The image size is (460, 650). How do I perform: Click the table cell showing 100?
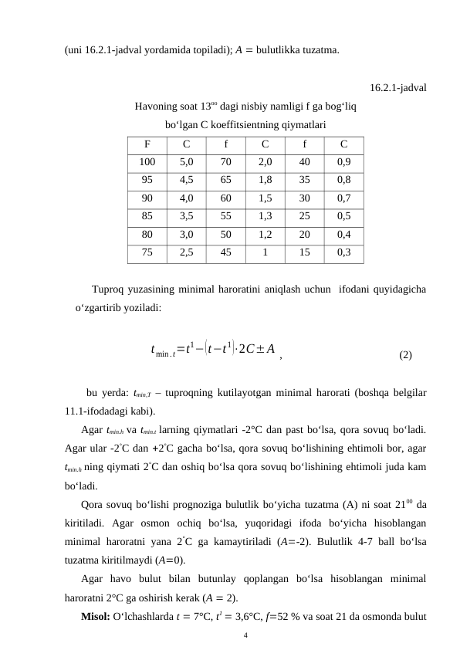point(147,162)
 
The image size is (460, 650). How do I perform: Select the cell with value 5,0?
point(187,162)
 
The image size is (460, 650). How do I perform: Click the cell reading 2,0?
point(265,162)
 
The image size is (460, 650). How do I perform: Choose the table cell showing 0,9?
point(343,162)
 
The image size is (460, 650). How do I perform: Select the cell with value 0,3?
point(343,251)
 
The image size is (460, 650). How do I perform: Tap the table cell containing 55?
point(225,215)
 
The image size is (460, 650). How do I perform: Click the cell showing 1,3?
point(265,215)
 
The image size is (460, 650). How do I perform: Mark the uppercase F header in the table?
point(147,144)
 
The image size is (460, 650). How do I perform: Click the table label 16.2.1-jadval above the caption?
point(399,86)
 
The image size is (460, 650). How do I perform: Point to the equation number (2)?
point(405,356)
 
